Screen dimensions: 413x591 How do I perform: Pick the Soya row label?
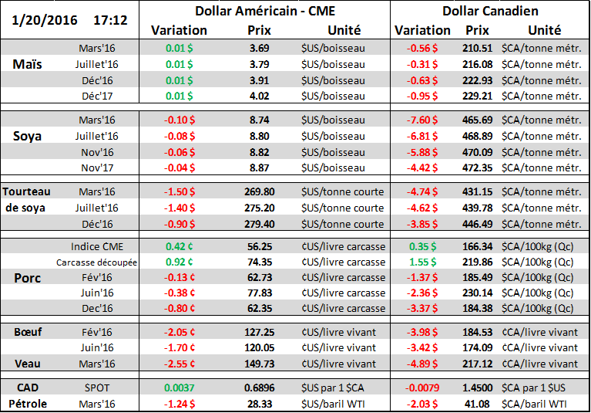(28, 135)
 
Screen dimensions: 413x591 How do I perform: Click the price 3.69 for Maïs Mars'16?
(259, 48)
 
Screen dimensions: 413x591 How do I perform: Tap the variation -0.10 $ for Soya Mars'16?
(180, 120)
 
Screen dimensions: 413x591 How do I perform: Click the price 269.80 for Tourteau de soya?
(259, 191)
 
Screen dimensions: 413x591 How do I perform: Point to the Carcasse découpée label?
(97, 262)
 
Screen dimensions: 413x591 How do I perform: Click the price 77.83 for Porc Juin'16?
(259, 293)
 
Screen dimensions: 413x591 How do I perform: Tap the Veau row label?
(28, 364)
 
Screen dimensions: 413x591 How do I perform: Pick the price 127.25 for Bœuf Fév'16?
(259, 332)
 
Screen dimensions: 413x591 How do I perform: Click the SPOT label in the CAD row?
(97, 386)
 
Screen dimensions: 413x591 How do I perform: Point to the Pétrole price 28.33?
(259, 402)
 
